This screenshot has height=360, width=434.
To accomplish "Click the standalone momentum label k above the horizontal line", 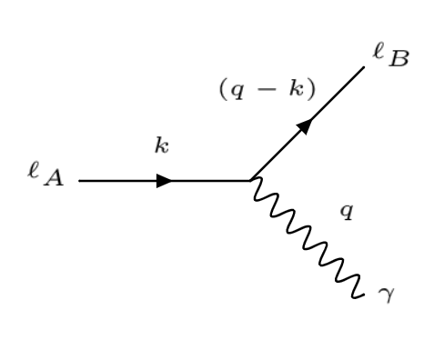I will click(161, 147).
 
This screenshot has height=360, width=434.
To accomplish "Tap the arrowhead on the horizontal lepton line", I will click(165, 180).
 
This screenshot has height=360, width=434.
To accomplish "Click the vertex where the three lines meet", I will click(251, 180).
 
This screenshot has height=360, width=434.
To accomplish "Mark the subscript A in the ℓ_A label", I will click(56, 181).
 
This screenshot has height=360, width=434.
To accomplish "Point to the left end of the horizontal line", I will click(80, 180).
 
